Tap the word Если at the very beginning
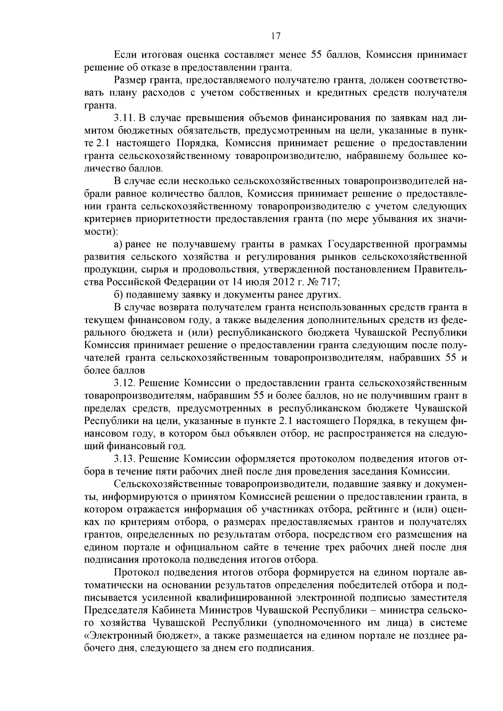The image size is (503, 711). [x=123, y=55]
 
